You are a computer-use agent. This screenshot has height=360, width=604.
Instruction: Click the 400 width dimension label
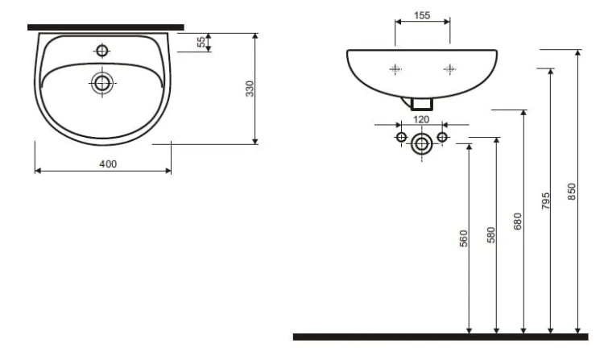108,164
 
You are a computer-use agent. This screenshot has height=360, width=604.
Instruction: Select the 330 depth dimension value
250,89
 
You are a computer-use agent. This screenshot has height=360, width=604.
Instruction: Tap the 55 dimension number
201,42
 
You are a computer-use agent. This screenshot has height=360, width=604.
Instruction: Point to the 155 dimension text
422,15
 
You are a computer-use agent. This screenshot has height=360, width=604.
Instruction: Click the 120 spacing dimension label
421,120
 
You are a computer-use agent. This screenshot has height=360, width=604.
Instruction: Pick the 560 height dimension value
464,238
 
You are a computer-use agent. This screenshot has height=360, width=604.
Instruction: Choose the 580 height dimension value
491,235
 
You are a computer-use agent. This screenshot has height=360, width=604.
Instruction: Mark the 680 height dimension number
518,221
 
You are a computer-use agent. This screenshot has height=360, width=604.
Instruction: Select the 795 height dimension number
545,201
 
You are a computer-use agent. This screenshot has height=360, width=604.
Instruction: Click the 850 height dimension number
572,192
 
